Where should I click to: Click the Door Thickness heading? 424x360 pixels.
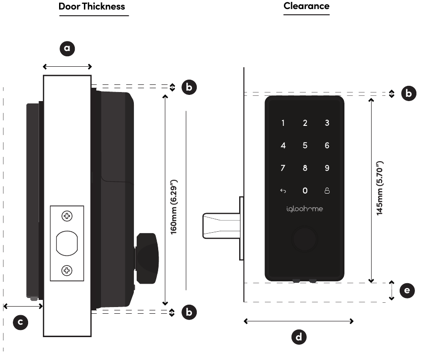tap(91, 7)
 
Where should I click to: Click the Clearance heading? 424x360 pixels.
tap(306, 6)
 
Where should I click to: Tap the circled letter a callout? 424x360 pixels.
tap(67, 49)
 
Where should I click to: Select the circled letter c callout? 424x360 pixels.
tap(20, 322)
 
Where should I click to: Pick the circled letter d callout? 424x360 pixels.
tap(299, 337)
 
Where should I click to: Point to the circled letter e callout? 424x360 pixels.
tap(407, 290)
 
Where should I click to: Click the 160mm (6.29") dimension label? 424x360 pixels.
tap(173, 206)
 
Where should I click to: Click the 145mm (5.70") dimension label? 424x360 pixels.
tap(380, 188)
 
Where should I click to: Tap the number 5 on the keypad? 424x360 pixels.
tap(305, 145)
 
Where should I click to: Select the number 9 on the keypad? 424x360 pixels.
tap(327, 168)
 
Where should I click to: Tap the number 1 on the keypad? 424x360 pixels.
tap(283, 123)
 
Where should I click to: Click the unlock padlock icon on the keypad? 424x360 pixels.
tap(327, 191)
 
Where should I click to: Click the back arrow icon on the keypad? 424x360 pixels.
tap(283, 191)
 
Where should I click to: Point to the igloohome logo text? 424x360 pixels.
tap(304, 209)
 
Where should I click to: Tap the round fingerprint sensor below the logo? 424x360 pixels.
tap(304, 239)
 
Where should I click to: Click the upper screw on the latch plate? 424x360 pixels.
tap(67, 216)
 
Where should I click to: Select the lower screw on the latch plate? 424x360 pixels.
tap(67, 270)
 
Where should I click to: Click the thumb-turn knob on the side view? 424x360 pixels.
tap(147, 258)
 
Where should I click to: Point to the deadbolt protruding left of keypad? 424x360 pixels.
tap(222, 226)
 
